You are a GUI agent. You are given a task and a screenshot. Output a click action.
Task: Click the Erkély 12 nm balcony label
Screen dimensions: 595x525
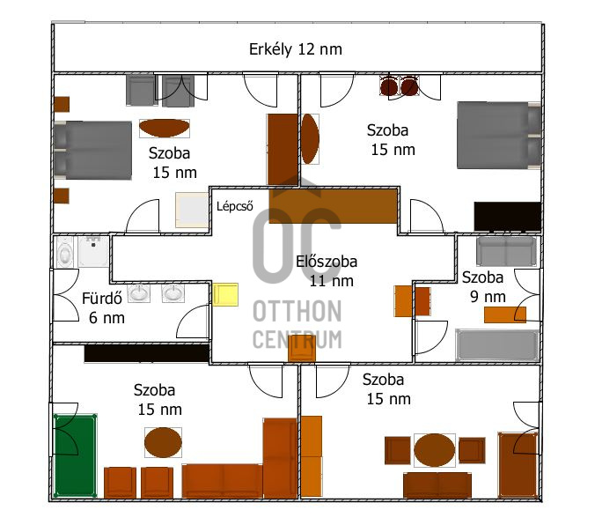[x=295, y=49]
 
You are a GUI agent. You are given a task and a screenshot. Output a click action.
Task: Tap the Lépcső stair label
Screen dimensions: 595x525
[x=234, y=206]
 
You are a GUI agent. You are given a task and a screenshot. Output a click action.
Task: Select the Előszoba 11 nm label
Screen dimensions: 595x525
[x=327, y=270]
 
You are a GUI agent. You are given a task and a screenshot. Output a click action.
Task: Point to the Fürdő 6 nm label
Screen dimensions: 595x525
[x=102, y=307]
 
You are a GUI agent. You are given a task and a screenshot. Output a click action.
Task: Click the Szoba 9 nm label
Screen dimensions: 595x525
[x=483, y=287]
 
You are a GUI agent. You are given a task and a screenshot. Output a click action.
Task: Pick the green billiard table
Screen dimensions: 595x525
[x=75, y=455]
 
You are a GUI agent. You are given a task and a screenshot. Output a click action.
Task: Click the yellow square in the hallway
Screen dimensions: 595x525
[x=225, y=294]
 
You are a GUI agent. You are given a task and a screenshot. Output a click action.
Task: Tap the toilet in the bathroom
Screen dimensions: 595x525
[x=64, y=252]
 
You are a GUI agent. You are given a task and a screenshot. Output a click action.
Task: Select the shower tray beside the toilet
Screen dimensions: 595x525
[x=93, y=251]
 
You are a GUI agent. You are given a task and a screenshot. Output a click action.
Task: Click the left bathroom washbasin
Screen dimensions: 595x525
[x=138, y=293]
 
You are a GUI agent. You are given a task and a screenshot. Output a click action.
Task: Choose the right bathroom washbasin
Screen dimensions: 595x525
[x=173, y=293]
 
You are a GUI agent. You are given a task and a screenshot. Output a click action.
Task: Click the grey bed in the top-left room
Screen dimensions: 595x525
[x=92, y=150]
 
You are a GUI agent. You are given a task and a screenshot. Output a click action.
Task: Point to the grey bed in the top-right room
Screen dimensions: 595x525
[x=499, y=136]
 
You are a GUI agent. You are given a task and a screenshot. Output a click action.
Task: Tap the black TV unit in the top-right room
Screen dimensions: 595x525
[x=507, y=217]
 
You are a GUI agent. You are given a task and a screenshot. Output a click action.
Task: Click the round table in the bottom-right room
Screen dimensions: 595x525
[x=435, y=450]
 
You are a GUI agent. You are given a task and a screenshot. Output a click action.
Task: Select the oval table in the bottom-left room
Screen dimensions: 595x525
[x=163, y=442]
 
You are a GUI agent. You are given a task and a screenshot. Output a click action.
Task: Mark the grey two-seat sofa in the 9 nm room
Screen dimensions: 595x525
[x=507, y=251]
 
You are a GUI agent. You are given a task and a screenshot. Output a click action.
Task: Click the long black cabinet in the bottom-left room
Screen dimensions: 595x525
[x=147, y=353]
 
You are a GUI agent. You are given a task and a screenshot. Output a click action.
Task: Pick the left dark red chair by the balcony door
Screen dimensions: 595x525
[x=389, y=86]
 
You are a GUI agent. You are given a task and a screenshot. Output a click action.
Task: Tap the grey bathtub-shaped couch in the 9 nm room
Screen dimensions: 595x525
[x=497, y=345]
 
